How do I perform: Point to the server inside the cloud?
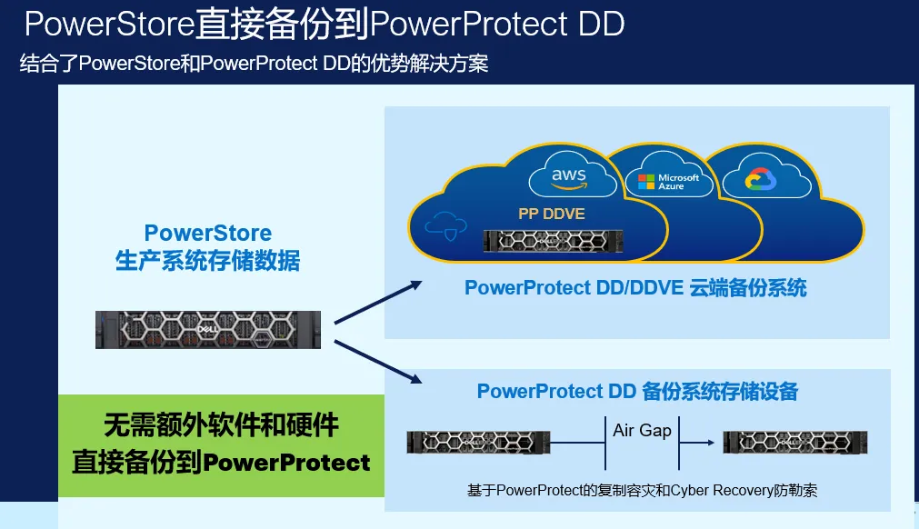tap(549, 240)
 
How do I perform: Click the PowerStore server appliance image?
tap(208, 328)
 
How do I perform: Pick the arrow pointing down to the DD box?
tap(377, 359)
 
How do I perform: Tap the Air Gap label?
tap(642, 430)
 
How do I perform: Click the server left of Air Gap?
tap(478, 442)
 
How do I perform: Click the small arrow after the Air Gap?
tap(695, 443)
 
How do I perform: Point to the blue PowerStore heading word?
tap(208, 234)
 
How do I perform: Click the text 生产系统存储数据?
tap(208, 261)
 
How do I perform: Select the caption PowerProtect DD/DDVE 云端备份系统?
tap(635, 288)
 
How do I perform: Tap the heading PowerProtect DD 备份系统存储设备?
tap(637, 392)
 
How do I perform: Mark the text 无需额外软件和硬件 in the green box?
tap(221, 424)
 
